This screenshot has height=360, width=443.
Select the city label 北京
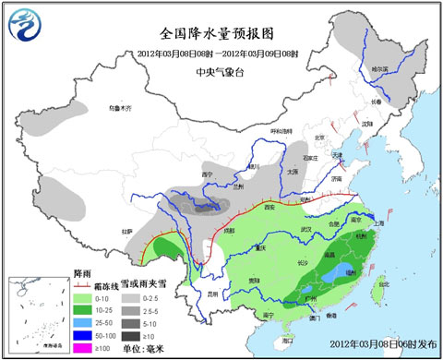[x=320, y=138]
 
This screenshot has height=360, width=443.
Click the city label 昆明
[x=215, y=294]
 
